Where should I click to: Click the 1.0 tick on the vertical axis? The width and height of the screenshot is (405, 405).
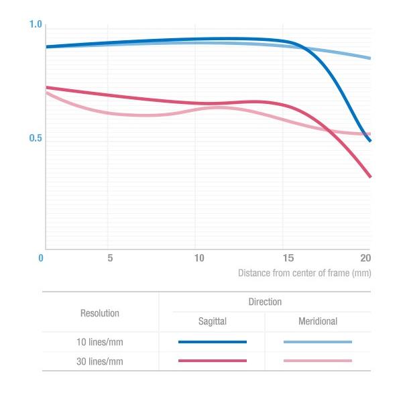[x=36, y=25]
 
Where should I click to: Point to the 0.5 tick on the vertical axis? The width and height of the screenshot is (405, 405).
[x=36, y=139]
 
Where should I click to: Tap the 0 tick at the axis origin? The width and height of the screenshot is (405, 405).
[x=41, y=257]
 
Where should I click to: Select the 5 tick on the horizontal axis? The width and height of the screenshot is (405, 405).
[x=109, y=257]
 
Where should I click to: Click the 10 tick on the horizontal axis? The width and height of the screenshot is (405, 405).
[x=199, y=257]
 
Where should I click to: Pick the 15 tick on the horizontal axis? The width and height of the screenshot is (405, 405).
[x=287, y=257]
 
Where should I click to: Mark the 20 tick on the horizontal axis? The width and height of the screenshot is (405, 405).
[x=365, y=257]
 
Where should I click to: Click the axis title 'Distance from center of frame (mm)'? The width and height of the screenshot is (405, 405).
[x=304, y=273]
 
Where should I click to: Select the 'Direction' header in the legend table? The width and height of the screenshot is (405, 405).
[x=265, y=302]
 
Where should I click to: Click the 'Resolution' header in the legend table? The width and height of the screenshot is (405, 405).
[x=100, y=313]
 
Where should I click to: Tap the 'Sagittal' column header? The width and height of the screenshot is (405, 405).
[x=213, y=322]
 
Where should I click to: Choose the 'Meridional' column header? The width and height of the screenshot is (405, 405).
[x=318, y=322]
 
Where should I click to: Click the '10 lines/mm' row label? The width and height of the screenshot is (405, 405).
[x=100, y=342]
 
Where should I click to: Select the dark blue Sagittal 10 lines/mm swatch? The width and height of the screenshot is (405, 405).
[x=213, y=342]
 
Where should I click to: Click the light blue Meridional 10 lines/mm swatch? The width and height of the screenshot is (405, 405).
[x=318, y=342]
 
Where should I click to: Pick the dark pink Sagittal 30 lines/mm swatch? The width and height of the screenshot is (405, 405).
[x=213, y=361]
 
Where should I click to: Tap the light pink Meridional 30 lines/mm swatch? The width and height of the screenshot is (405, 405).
[x=318, y=361]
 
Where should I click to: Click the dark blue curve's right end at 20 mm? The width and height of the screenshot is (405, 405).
[x=370, y=141]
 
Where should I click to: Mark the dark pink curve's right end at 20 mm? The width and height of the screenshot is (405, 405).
[x=370, y=177]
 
